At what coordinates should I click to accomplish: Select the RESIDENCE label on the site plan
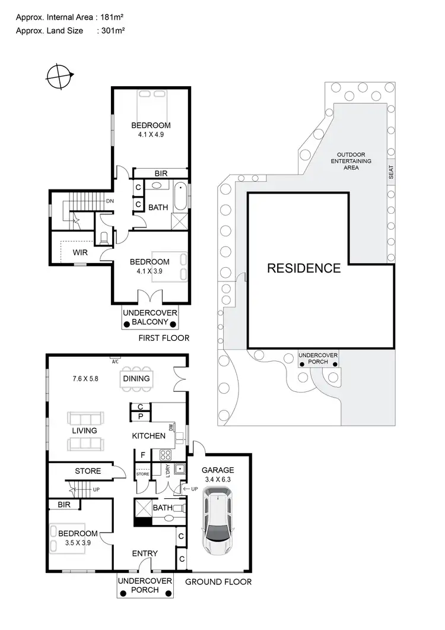click(x=304, y=268)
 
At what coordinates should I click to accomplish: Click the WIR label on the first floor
click(x=81, y=252)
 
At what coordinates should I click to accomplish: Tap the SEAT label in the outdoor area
click(x=390, y=172)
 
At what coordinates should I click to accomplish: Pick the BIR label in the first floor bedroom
click(x=161, y=173)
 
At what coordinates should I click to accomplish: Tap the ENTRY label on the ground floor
click(x=145, y=553)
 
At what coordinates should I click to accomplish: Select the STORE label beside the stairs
click(x=88, y=471)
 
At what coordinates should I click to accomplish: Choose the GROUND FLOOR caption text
click(x=218, y=582)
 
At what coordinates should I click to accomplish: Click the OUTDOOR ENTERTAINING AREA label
click(x=351, y=161)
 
